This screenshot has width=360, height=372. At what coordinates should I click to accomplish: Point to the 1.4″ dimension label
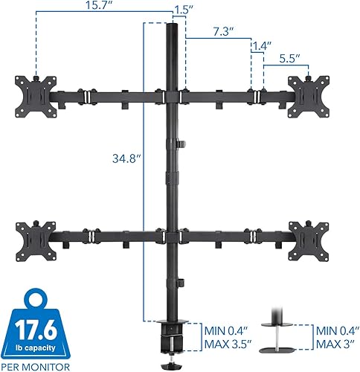259,45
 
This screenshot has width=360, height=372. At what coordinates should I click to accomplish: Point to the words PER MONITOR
39,365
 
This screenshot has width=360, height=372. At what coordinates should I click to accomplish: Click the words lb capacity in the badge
39,344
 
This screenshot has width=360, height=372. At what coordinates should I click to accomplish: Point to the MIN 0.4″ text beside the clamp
228,330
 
